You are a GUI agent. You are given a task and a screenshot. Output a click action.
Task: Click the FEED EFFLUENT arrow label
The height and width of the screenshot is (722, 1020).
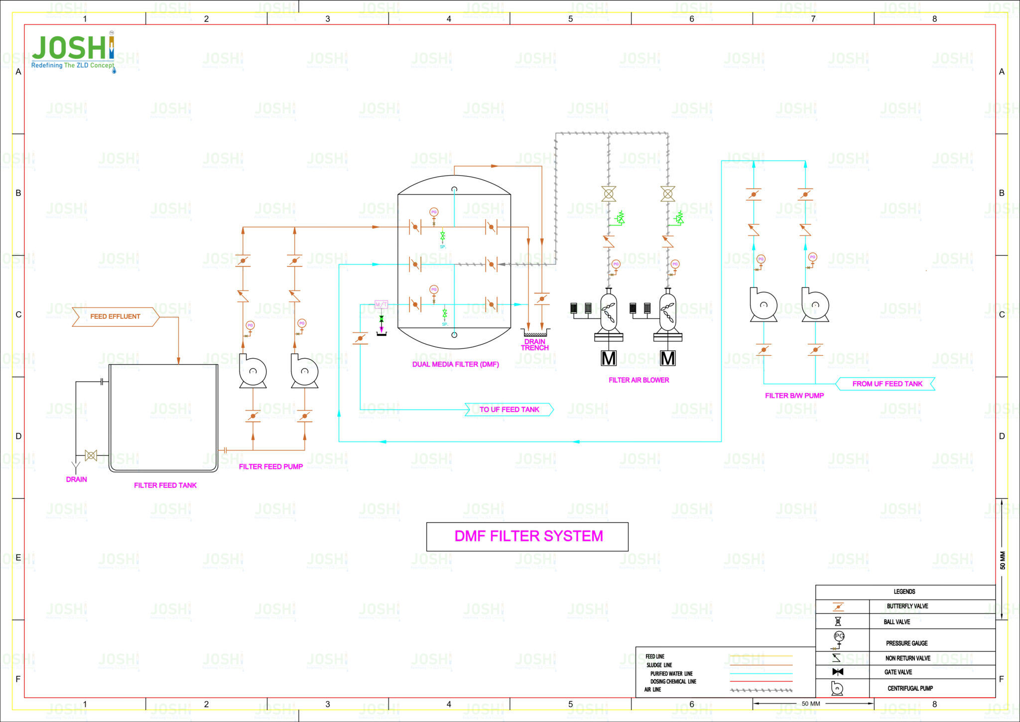click(115, 316)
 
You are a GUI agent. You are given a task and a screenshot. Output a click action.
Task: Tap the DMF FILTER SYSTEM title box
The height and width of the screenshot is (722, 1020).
click(527, 537)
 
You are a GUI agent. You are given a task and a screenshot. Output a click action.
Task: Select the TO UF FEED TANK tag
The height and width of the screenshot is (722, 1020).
click(509, 410)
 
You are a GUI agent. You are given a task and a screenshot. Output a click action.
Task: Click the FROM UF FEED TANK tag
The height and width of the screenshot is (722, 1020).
click(887, 384)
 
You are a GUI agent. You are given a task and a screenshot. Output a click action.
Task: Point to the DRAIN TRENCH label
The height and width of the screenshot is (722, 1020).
click(534, 345)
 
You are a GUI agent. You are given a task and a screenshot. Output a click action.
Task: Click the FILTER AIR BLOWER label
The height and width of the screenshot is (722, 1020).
click(638, 380)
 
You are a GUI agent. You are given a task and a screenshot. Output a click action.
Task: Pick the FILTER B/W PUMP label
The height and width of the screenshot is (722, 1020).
click(794, 396)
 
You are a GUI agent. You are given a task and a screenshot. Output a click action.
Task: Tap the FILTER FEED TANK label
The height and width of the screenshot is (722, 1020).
click(165, 485)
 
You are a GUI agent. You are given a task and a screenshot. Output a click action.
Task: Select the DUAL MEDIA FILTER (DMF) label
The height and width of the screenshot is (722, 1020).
click(455, 364)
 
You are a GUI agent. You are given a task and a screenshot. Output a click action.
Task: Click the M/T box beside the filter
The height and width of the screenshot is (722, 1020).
click(381, 304)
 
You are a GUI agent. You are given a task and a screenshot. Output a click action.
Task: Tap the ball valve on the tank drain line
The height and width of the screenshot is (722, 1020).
click(91, 455)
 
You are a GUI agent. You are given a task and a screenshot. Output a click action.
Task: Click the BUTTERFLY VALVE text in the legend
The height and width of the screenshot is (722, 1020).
click(907, 606)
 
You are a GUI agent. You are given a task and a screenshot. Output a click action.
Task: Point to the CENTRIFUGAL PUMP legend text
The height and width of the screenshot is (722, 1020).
click(909, 689)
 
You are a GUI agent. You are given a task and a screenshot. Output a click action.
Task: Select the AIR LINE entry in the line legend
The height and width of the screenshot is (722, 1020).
click(652, 690)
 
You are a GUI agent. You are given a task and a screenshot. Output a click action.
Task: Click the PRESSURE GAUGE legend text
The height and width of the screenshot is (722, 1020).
click(906, 643)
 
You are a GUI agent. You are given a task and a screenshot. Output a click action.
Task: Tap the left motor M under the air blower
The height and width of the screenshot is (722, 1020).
click(609, 358)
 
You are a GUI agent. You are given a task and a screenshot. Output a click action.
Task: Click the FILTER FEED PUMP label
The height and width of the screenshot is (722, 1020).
click(270, 467)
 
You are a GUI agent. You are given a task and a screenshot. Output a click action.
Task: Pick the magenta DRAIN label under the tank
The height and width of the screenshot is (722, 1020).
click(76, 479)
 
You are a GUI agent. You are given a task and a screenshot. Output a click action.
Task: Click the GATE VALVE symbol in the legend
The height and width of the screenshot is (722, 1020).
click(838, 672)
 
